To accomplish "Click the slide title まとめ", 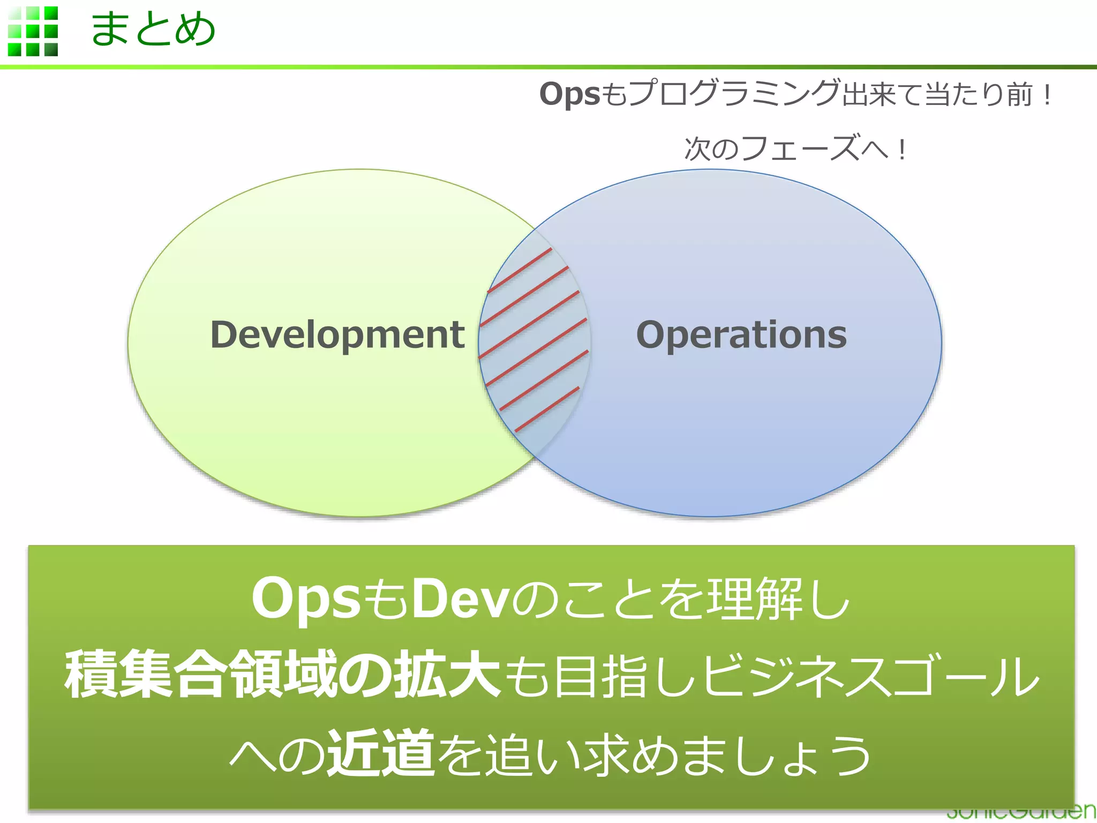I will (153, 29).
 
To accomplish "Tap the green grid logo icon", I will (33, 31).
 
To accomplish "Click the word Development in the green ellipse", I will (337, 335).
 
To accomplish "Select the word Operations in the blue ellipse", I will (741, 335).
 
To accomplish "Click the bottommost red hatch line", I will (547, 409).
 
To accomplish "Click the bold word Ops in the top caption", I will (569, 94).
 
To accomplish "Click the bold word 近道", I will (381, 753).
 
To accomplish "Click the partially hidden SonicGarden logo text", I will (1020, 813).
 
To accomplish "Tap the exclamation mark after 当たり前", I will (1047, 94).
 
